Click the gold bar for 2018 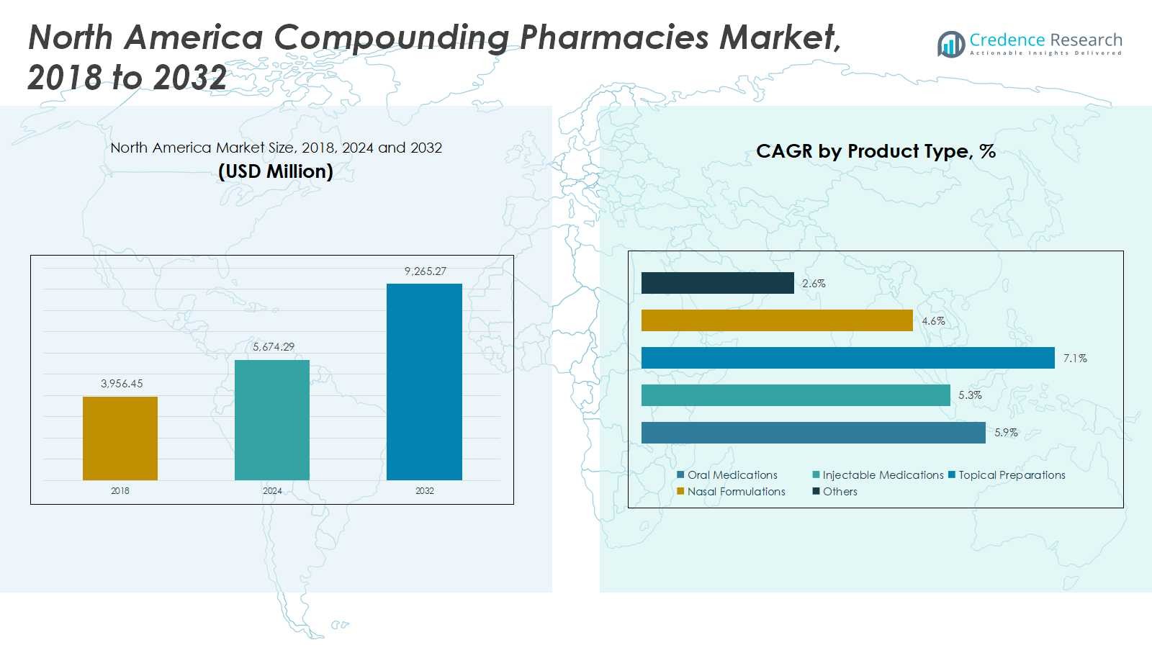120,438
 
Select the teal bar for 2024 272,420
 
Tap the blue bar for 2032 424,382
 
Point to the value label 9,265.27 426,271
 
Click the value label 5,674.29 274,346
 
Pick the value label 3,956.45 122,383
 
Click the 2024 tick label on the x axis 272,490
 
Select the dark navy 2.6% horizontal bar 717,283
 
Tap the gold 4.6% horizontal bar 777,320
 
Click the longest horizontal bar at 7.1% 848,358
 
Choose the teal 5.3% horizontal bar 796,395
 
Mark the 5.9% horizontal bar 814,433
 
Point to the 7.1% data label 1076,358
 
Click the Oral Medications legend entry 727,474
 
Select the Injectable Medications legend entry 878,474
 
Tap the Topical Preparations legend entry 1007,474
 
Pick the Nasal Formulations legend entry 732,491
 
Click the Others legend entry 834,491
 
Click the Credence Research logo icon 951,44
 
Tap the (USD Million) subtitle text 276,171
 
